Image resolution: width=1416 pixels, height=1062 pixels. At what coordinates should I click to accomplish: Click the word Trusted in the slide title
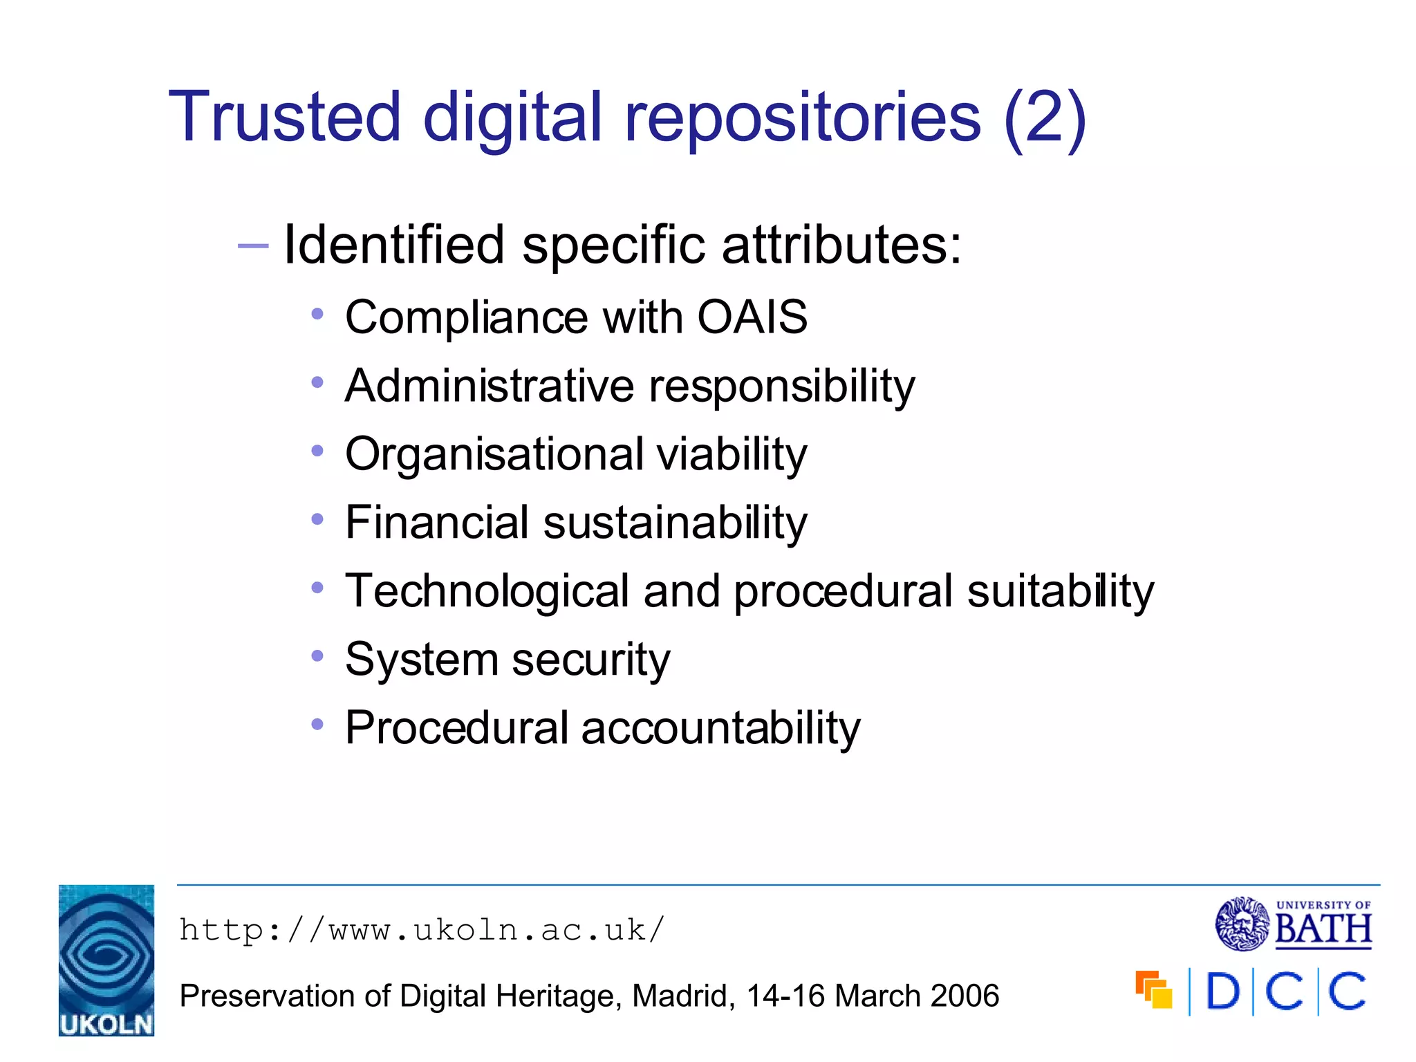tap(284, 117)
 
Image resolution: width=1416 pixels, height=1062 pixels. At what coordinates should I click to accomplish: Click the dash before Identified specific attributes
tap(252, 245)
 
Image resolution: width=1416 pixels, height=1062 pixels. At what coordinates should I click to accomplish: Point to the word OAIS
tap(752, 317)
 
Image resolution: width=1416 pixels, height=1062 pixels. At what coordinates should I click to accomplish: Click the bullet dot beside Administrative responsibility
tap(317, 382)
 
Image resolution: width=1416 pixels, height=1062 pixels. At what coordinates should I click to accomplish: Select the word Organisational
tap(494, 455)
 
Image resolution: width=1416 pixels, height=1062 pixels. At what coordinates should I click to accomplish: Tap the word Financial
tap(437, 522)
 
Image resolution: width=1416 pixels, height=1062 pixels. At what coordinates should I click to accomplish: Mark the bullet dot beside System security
tap(317, 655)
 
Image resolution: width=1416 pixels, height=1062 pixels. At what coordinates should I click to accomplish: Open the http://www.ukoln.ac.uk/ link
tap(422, 930)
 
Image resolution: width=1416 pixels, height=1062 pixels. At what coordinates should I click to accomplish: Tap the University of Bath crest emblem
tap(1242, 924)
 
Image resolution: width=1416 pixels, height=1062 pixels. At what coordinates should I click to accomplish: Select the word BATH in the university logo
tap(1323, 929)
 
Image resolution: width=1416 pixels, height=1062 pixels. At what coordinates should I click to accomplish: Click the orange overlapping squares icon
tap(1153, 990)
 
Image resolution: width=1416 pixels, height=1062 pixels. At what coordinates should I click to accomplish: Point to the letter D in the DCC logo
tap(1222, 991)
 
